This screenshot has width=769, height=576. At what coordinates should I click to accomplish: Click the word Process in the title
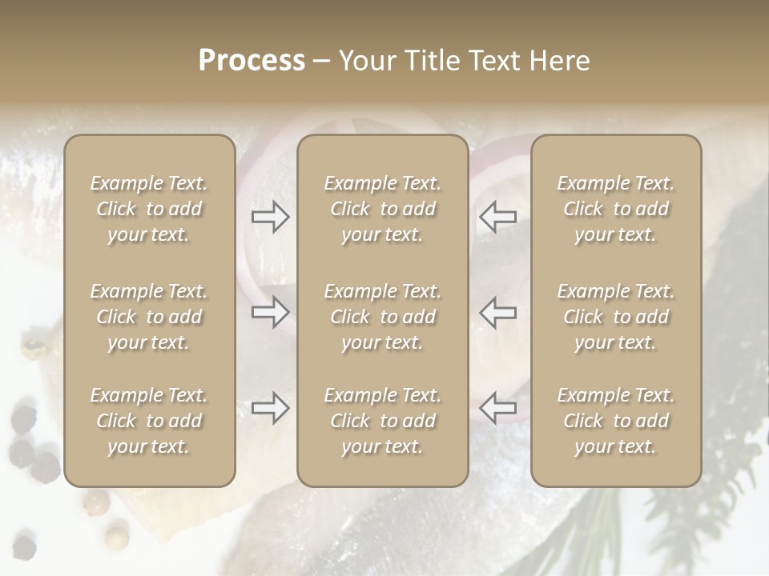(252, 61)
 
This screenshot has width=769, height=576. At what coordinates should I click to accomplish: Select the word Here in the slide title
(558, 61)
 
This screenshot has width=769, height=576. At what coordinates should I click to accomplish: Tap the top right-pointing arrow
(271, 216)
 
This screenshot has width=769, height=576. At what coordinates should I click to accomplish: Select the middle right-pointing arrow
(271, 312)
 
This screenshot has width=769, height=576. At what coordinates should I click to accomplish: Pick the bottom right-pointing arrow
(271, 408)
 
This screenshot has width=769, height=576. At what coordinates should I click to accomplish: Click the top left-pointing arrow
(497, 216)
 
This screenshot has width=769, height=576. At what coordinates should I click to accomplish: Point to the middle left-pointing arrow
(497, 312)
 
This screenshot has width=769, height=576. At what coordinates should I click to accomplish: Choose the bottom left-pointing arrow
(497, 408)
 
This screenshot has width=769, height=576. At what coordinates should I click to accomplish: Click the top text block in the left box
(149, 209)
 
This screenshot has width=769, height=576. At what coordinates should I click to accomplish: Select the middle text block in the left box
(149, 317)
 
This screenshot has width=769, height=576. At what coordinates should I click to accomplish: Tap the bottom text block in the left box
(149, 421)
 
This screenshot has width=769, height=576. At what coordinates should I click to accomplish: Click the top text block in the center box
(383, 209)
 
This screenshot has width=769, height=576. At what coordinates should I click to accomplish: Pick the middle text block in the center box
(383, 317)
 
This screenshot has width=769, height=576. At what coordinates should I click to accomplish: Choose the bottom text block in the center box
(383, 421)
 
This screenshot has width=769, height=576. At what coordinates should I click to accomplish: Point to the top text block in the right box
(616, 209)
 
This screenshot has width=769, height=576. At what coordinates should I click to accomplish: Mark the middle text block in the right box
(616, 317)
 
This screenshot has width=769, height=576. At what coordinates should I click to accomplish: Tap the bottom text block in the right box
(616, 421)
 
